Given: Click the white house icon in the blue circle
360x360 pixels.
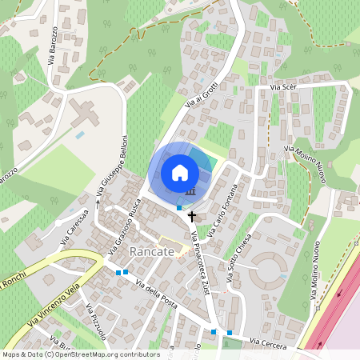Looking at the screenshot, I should point(180,172).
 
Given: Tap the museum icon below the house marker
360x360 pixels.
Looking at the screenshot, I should point(190,191).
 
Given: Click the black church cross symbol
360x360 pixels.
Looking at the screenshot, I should point(191,215).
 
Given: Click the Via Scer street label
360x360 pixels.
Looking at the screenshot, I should point(283,86).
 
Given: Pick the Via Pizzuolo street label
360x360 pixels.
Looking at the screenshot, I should point(98,324).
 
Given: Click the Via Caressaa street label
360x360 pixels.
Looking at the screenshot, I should point(74,226).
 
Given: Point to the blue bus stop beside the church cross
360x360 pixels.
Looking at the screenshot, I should point(179,207).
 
